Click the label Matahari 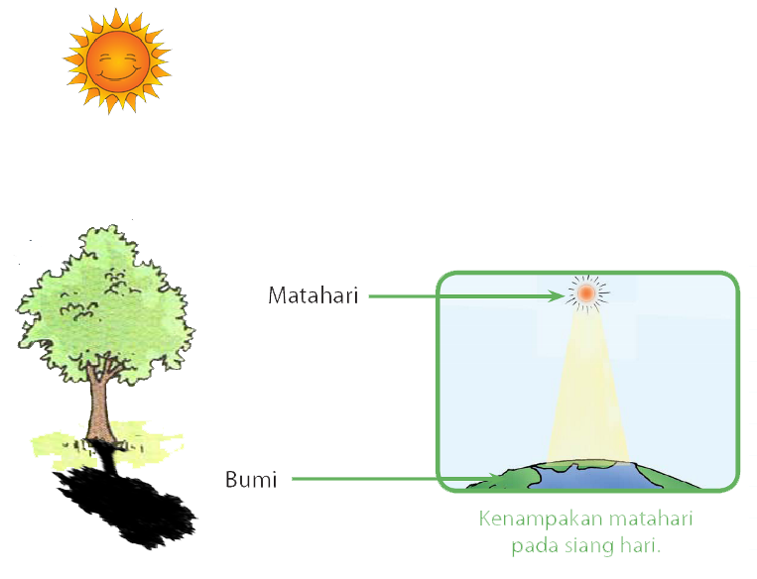[x=313, y=295]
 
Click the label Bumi [x=251, y=481]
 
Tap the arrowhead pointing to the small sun [x=557, y=294]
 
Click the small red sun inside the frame [x=585, y=292]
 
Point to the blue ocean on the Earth [x=585, y=478]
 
